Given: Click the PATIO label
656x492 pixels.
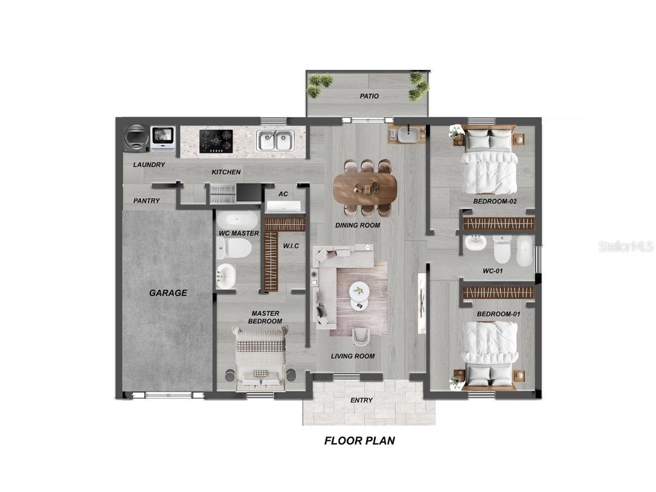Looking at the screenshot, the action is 369,96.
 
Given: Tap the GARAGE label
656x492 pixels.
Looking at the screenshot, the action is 168,293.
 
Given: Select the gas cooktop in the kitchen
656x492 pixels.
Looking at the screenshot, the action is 216,141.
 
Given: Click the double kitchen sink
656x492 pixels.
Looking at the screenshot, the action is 275,140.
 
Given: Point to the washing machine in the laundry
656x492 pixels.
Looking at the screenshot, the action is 137,138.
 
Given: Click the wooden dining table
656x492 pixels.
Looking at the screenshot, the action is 365,189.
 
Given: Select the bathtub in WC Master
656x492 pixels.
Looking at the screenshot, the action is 237,220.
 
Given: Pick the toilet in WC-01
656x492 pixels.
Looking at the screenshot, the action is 503,250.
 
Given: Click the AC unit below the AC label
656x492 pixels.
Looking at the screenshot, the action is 284,206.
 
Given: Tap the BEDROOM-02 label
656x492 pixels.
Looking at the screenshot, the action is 495,201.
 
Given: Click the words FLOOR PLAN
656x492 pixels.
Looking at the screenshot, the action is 360,441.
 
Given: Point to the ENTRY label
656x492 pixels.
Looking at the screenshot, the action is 361,400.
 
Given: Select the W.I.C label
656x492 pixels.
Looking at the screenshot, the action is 291,246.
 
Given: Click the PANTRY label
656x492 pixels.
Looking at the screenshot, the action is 146,201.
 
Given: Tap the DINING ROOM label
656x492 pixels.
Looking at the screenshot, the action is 358,225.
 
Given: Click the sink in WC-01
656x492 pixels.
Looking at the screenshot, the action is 475,242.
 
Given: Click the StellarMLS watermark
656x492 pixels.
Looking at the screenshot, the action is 626,246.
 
